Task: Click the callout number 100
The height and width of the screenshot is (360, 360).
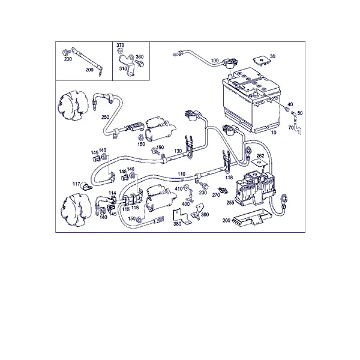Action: click(215, 61)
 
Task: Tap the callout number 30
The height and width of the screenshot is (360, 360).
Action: click(272, 56)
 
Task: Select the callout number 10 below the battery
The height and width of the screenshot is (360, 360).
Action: click(274, 133)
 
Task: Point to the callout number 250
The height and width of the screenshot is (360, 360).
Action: click(105, 117)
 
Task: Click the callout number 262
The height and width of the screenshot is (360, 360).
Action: click(260, 155)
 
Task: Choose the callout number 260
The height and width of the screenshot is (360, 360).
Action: click(226, 220)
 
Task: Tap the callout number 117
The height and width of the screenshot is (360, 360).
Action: click(76, 184)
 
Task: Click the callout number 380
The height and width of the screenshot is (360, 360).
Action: click(177, 224)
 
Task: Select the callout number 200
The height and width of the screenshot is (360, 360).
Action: click(89, 70)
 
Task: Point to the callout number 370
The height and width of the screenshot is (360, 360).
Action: click(121, 45)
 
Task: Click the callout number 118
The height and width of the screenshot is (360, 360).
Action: click(229, 177)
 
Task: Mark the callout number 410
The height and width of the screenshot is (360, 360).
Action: click(179, 189)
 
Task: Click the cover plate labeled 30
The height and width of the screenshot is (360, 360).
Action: click(261, 61)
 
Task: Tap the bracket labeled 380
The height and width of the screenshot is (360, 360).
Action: click(181, 217)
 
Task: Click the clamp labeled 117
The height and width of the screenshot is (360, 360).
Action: click(86, 187)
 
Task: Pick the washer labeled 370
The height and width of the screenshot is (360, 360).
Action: click(120, 51)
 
